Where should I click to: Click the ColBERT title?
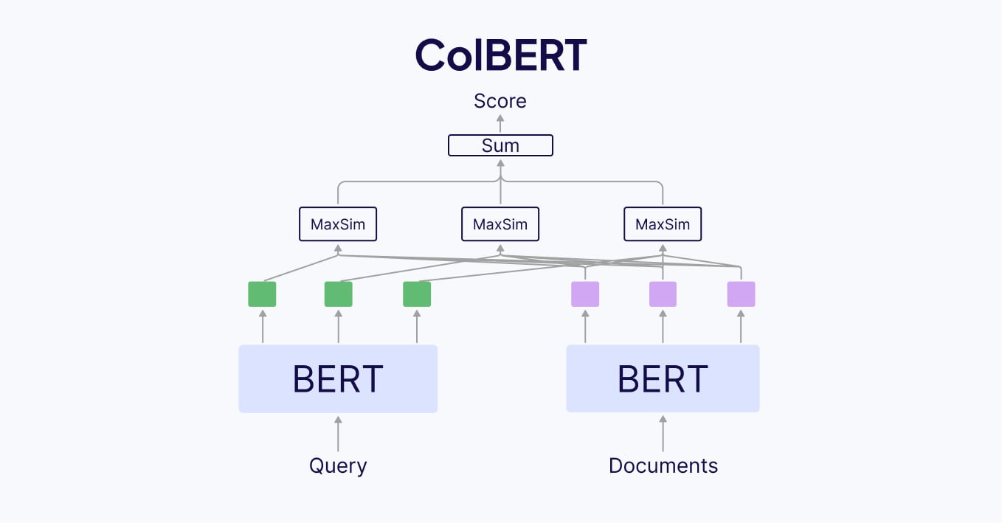point(500,55)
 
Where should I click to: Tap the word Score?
point(500,101)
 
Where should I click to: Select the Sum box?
point(500,145)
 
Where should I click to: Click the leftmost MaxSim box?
point(338,224)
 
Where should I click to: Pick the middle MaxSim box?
point(500,224)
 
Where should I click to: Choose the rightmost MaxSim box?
point(663,224)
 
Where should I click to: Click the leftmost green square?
point(262,294)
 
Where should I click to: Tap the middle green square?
point(339,294)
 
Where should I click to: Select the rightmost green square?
point(417,294)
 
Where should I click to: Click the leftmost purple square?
point(585,294)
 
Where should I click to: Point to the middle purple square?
point(663,294)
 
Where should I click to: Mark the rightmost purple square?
point(741,294)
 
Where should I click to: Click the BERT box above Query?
point(338,378)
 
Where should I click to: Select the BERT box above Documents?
point(663,378)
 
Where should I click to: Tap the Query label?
point(338,466)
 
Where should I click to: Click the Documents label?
point(663,466)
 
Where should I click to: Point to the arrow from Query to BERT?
point(338,434)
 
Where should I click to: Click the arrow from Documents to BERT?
point(663,434)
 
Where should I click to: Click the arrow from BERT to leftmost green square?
point(262,327)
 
